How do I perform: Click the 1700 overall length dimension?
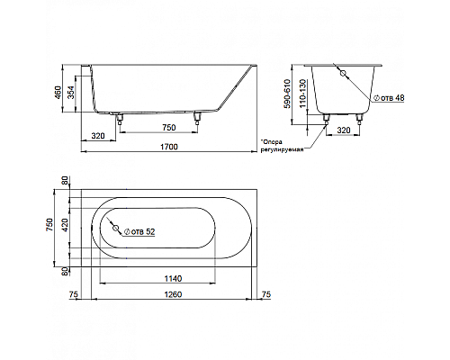pos(169,147)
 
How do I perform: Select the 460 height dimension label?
pos(58,92)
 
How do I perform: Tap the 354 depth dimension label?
pos(70,94)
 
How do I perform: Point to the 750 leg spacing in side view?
pos(169,128)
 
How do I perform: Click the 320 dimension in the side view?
pos(98,136)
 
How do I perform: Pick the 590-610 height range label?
pos(287,94)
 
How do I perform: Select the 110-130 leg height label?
pos(302,94)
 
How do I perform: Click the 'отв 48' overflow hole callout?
pos(389,98)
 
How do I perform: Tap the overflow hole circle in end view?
pos(343,73)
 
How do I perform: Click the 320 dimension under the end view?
pos(344,130)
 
